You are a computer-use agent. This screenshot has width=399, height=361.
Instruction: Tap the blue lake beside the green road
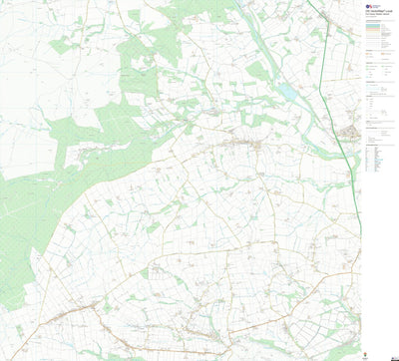click(289, 92)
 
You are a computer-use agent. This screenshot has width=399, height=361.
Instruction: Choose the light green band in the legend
click(380, 30)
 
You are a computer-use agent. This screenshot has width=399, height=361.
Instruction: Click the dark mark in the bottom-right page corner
click(395, 357)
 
